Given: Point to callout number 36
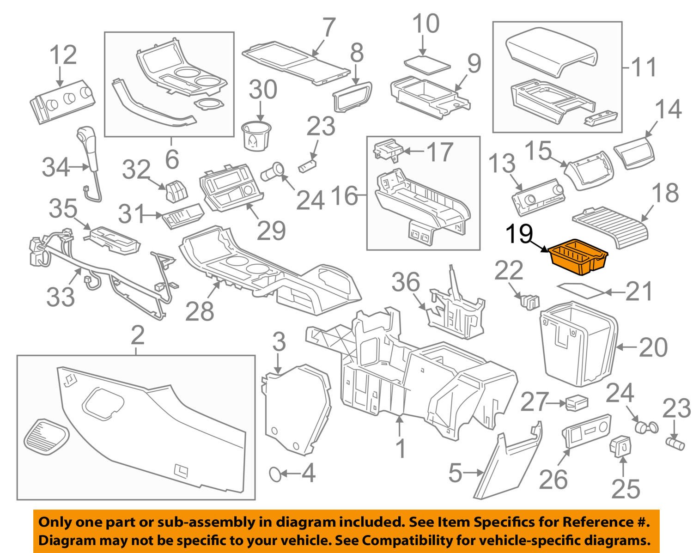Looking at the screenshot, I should click(407, 282).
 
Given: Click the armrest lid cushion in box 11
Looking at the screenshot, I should click(552, 51).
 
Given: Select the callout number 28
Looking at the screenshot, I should click(200, 312).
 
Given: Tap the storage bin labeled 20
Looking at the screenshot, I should click(579, 346).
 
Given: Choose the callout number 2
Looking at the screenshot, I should click(137, 337).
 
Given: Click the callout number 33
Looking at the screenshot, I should click(61, 297).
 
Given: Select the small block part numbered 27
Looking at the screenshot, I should click(577, 403).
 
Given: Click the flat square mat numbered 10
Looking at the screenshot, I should click(426, 63).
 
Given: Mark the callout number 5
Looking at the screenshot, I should click(455, 473).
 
